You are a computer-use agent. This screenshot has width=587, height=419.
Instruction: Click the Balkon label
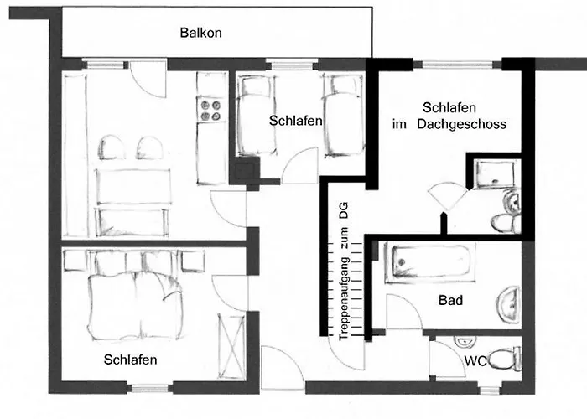(200, 33)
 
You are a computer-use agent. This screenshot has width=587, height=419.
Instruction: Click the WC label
(475, 361)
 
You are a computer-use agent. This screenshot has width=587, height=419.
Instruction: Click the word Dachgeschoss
(461, 124)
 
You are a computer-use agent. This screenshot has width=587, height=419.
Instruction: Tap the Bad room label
(451, 300)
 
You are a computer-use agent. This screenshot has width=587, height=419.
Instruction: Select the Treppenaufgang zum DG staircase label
(343, 272)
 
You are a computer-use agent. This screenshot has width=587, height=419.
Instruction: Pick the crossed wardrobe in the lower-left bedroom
(231, 347)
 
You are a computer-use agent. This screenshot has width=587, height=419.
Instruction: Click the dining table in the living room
(132, 186)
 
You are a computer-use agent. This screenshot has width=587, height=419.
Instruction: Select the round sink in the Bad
(509, 304)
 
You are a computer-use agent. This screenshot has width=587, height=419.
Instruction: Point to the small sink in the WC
(465, 341)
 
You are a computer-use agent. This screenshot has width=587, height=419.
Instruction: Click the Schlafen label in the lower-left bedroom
(130, 360)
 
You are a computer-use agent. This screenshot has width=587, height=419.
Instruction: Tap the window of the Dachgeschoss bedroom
(457, 65)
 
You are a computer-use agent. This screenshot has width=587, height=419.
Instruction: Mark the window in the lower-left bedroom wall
(150, 388)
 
